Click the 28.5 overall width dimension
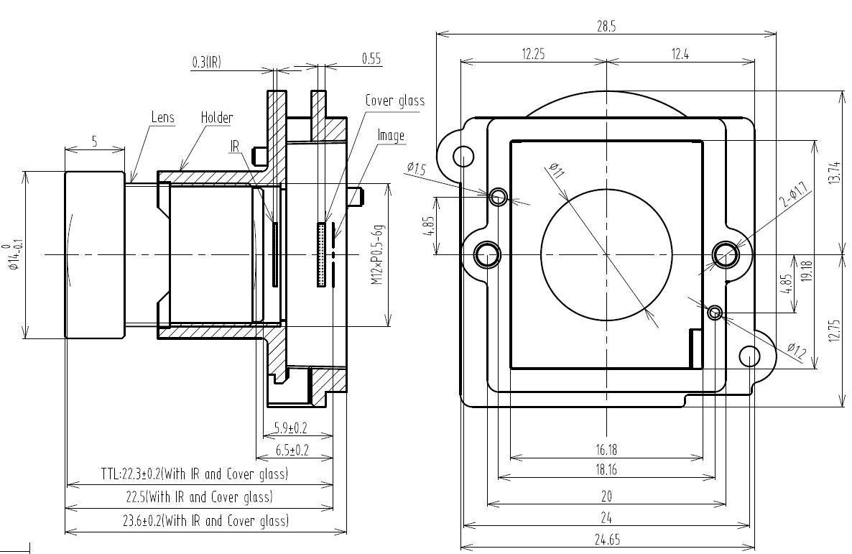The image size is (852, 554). (606, 26)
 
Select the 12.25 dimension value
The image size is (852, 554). (532, 54)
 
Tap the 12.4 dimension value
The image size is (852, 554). (679, 54)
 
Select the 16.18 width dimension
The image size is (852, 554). (606, 451)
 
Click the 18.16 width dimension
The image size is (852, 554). (606, 471)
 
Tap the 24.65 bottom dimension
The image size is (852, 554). (606, 537)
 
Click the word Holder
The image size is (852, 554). (217, 117)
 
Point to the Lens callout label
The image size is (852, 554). (163, 117)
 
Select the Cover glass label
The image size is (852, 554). (394, 101)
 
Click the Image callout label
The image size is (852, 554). (391, 135)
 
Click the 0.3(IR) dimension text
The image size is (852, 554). (206, 63)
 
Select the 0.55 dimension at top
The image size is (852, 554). (371, 59)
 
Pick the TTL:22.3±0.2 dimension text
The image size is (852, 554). (194, 474)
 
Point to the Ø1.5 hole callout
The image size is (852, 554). (416, 169)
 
